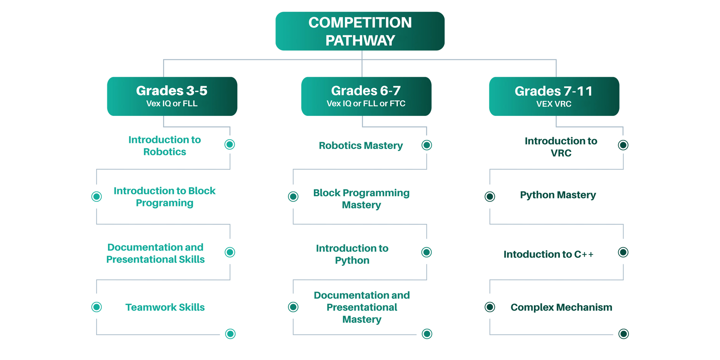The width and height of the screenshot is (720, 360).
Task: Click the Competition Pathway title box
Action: click(x=360, y=31)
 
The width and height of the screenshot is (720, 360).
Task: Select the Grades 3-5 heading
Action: click(x=172, y=91)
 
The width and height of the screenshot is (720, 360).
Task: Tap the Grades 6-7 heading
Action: click(x=366, y=91)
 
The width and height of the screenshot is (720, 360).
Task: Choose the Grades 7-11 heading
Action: click(x=554, y=91)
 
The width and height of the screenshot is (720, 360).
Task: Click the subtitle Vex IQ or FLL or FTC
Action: click(x=366, y=104)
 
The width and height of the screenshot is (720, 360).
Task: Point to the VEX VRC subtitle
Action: click(x=554, y=104)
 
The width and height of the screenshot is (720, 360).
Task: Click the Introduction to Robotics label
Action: click(x=165, y=145)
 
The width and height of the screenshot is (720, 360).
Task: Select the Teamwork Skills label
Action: click(x=165, y=307)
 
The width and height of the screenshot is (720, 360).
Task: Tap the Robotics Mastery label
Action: click(x=361, y=145)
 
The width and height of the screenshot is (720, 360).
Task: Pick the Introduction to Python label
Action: click(x=352, y=254)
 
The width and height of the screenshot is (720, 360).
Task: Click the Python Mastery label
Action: click(x=558, y=195)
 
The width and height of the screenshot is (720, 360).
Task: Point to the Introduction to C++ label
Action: click(x=548, y=254)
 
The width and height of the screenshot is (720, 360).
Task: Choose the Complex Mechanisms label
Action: click(x=561, y=307)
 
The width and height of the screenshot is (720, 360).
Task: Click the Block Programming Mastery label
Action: click(x=361, y=199)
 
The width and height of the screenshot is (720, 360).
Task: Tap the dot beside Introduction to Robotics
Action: click(x=230, y=144)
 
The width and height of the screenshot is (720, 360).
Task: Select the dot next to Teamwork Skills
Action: click(x=96, y=307)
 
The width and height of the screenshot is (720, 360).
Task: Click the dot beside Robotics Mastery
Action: click(x=427, y=145)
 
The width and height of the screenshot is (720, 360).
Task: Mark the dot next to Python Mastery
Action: click(x=490, y=197)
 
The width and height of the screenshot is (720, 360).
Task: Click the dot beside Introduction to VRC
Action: click(x=623, y=145)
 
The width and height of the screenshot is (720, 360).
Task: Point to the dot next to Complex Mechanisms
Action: click(x=490, y=307)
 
